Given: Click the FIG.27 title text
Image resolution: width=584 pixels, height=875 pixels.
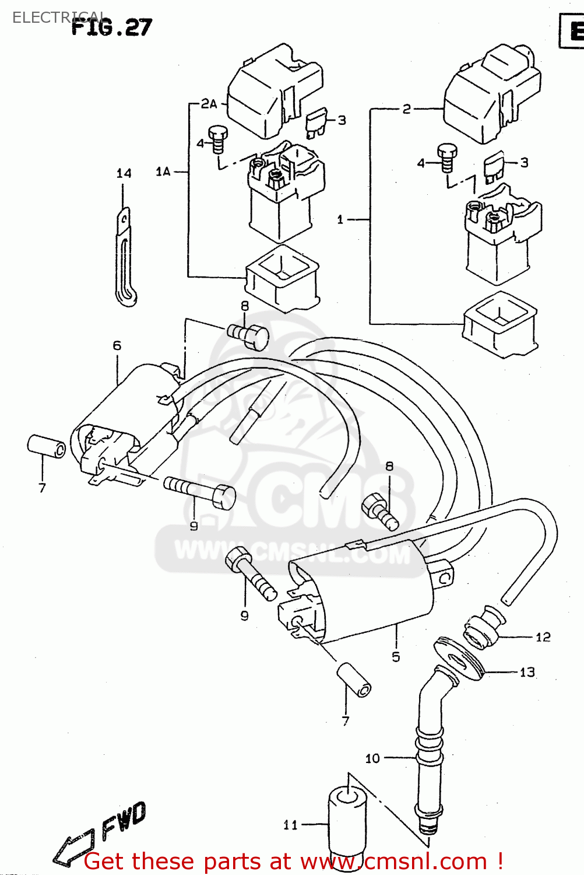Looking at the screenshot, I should (x=112, y=27).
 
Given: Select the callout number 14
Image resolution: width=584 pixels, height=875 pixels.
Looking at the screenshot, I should (x=124, y=173).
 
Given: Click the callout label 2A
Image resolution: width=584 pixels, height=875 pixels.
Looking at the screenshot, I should (x=209, y=104).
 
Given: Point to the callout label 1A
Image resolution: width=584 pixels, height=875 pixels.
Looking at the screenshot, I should (x=163, y=171).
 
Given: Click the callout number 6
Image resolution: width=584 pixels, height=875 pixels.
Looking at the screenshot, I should (x=117, y=345).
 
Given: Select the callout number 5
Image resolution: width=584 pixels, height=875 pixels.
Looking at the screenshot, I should (x=396, y=657).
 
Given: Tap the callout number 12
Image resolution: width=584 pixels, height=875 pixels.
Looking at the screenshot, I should (x=543, y=637).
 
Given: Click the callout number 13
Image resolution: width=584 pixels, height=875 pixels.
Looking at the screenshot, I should (x=527, y=672).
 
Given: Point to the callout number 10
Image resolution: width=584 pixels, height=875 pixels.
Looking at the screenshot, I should (x=372, y=758).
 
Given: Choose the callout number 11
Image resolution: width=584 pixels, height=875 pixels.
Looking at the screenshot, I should (x=290, y=825).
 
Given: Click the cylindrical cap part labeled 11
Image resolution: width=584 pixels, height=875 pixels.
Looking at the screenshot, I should (x=346, y=822).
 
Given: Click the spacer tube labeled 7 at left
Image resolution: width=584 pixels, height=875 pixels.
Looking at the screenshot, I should (x=47, y=446).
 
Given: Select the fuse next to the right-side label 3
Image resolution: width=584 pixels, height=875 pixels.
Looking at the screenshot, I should (x=494, y=166).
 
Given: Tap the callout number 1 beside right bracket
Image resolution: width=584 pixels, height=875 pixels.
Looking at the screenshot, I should (x=340, y=220).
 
